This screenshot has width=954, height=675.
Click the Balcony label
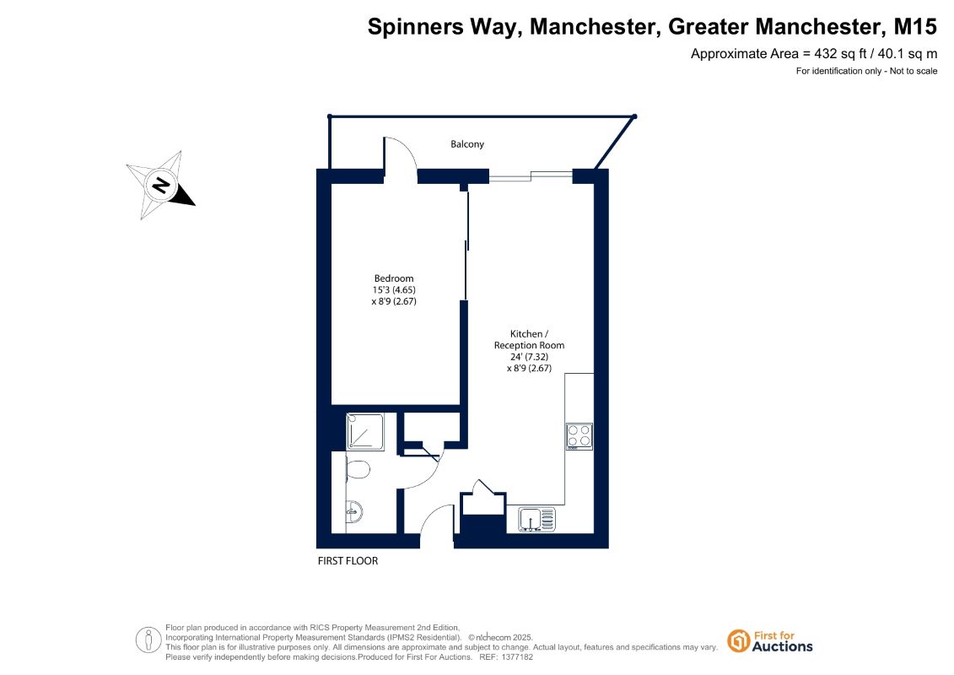point(467,144)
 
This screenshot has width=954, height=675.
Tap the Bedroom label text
point(394,278)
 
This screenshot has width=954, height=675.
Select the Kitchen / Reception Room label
point(529,340)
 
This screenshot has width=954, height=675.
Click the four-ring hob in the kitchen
point(579,436)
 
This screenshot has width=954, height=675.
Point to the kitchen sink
point(536,520)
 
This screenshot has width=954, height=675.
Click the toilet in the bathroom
point(358,470)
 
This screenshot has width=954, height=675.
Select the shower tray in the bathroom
point(365,432)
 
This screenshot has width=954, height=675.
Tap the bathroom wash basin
point(354,512)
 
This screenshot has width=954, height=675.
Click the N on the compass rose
point(160,185)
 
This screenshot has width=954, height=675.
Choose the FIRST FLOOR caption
point(348,560)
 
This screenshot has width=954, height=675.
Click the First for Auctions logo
point(770,641)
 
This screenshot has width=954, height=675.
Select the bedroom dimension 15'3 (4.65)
point(394,289)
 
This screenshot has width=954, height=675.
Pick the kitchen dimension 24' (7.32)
point(530,357)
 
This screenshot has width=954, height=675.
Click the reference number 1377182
point(517,657)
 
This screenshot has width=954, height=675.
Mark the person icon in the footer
point(148,640)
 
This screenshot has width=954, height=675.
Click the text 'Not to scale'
point(914,71)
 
